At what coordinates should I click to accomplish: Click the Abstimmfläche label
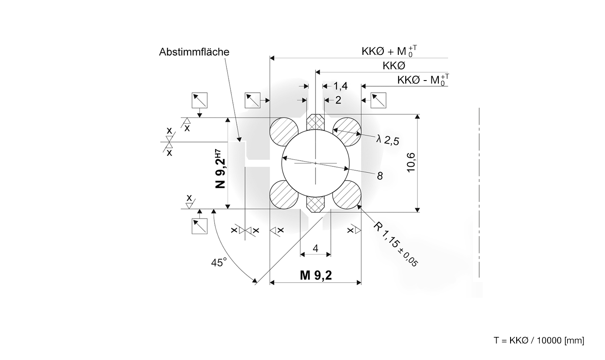click(x=194, y=52)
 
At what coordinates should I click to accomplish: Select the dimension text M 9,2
click(x=316, y=275)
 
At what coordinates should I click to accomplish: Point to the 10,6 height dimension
click(x=411, y=163)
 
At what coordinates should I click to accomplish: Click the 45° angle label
click(x=219, y=262)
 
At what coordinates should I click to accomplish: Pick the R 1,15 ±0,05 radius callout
click(x=396, y=244)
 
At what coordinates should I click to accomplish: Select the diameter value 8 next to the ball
click(x=380, y=175)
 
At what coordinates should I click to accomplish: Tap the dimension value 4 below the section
click(x=316, y=248)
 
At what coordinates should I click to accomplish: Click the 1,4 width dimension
click(x=340, y=86)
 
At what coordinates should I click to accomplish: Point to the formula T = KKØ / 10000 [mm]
click(x=539, y=340)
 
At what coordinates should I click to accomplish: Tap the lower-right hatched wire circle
click(x=347, y=195)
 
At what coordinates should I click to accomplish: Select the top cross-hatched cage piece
click(x=316, y=122)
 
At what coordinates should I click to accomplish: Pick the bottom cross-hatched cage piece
click(x=316, y=203)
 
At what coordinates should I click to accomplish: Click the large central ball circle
click(x=316, y=163)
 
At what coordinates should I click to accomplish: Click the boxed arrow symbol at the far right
click(x=378, y=101)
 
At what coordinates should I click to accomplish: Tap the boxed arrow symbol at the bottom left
click(x=200, y=226)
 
